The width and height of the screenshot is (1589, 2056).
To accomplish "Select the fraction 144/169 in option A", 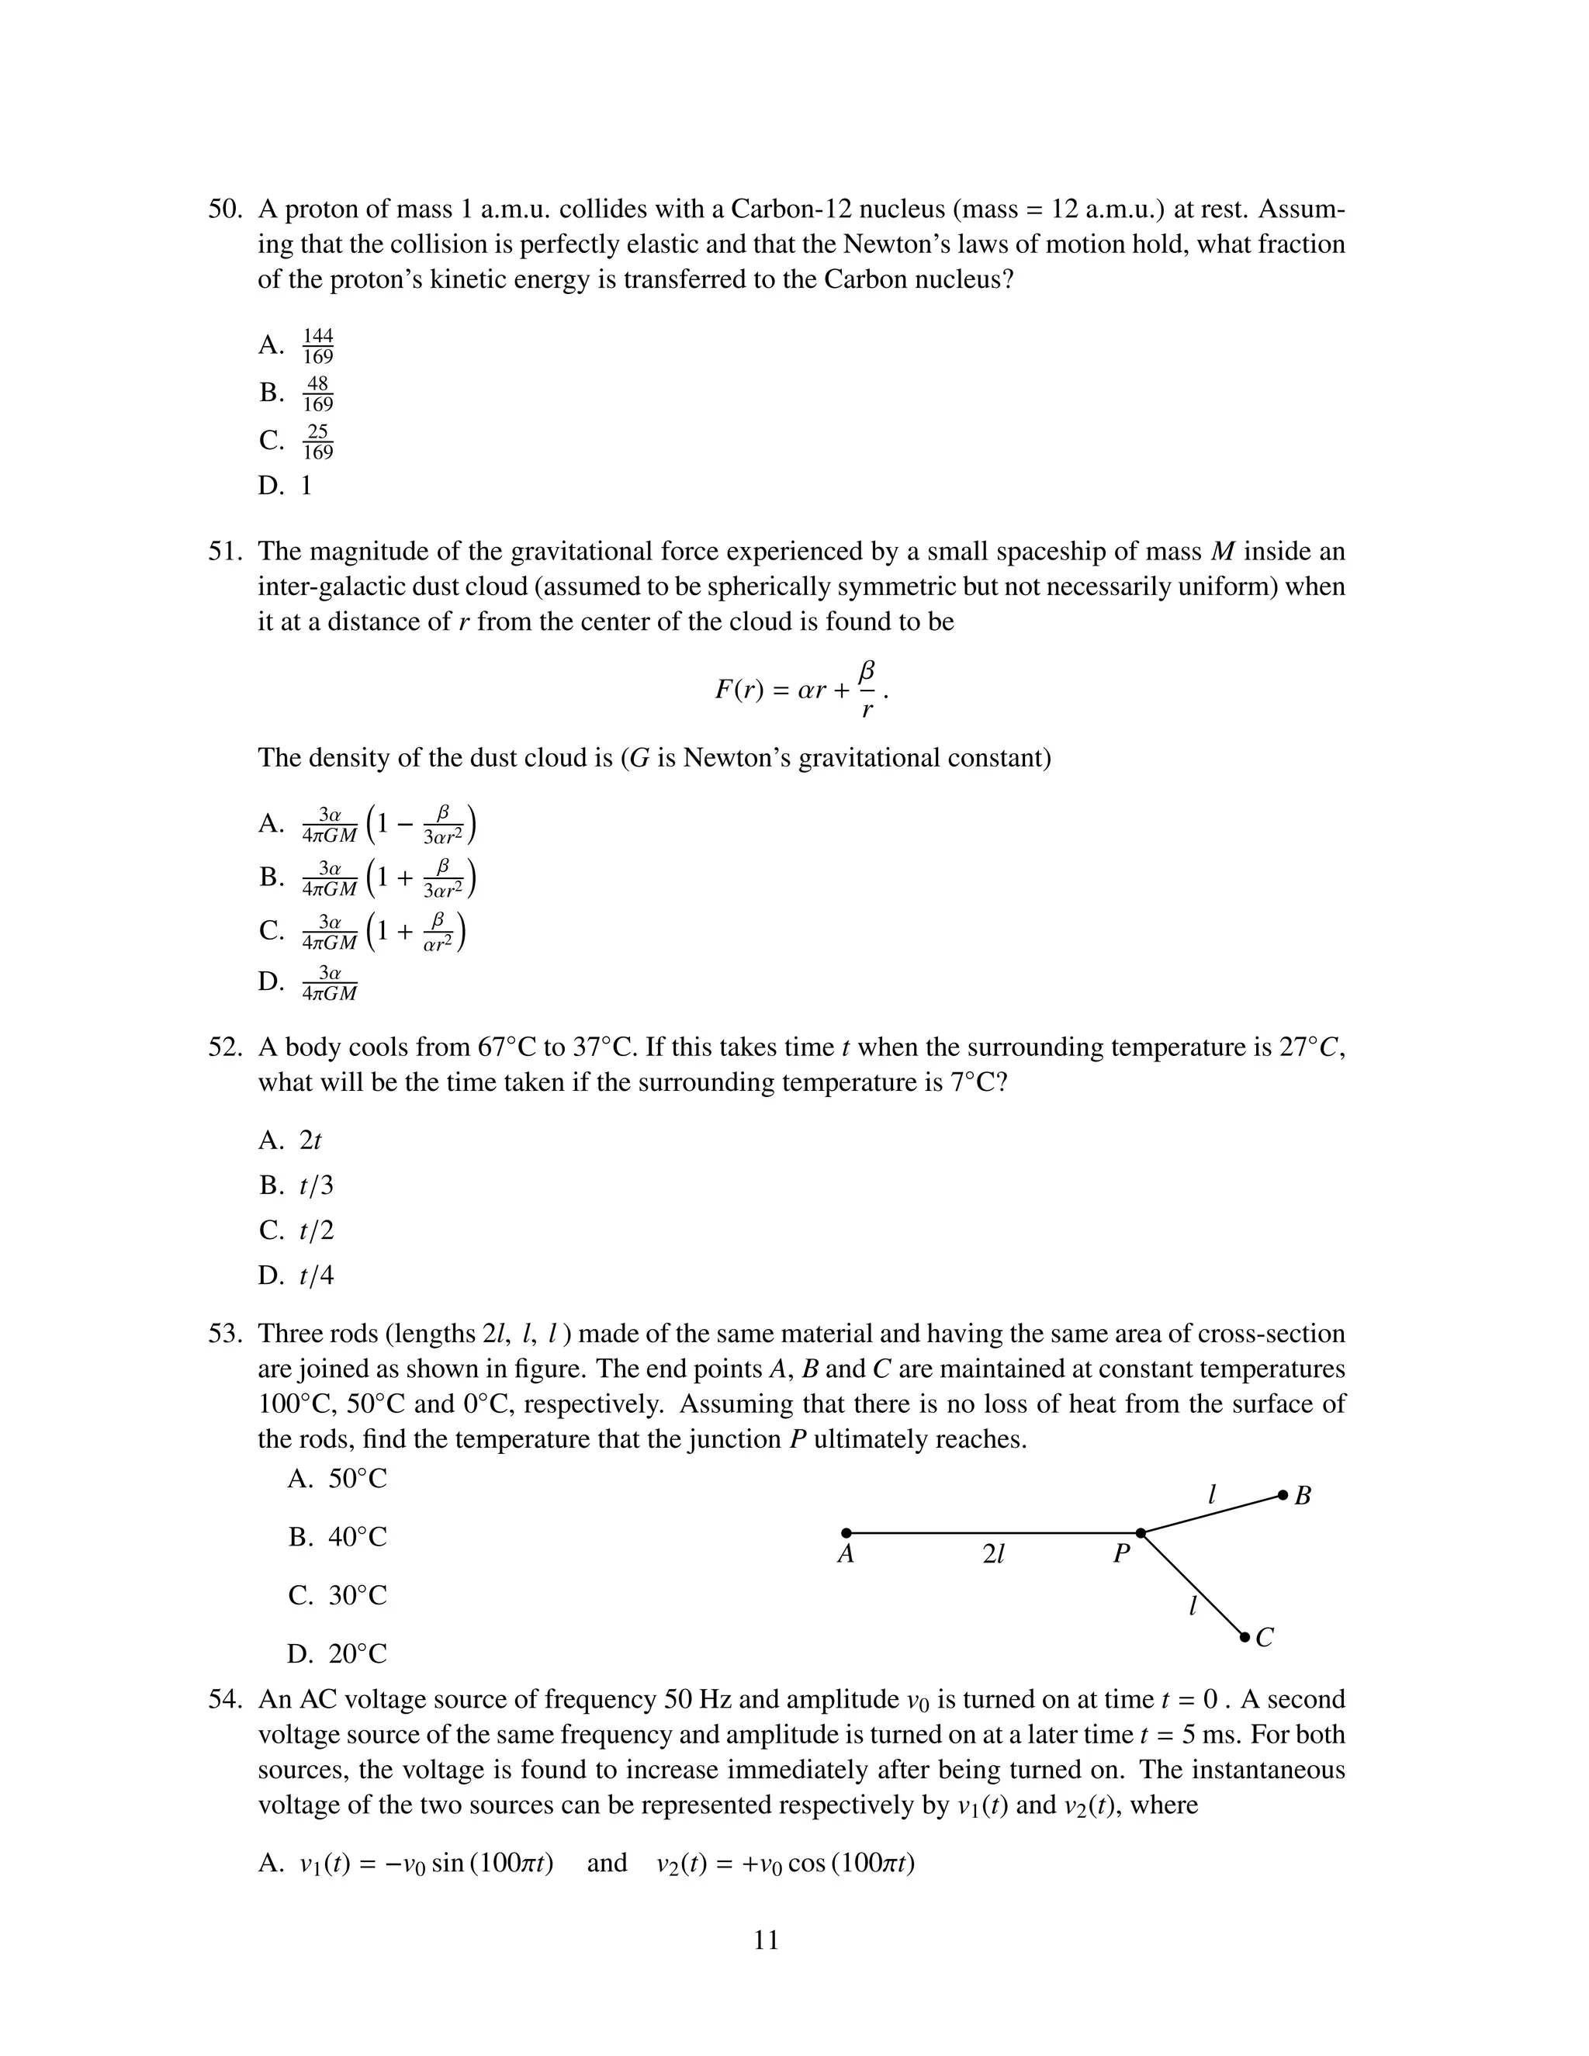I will pyautogui.click(x=318, y=345).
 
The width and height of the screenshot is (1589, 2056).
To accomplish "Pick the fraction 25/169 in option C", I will pyautogui.click(x=318, y=441).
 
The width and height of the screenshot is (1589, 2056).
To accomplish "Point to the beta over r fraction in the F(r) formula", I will pyautogui.click(x=867, y=689).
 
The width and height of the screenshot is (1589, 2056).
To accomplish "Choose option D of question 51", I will pyautogui.click(x=330, y=982).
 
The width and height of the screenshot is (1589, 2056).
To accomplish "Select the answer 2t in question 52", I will pyautogui.click(x=310, y=1140).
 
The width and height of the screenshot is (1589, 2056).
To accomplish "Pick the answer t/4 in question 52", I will pyautogui.click(x=317, y=1275).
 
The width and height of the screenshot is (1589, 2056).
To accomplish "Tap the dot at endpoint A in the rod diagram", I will pyautogui.click(x=846, y=1534).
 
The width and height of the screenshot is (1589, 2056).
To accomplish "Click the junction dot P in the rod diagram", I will pyautogui.click(x=1141, y=1534).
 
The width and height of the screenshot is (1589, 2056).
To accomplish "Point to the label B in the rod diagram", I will pyautogui.click(x=1303, y=1496).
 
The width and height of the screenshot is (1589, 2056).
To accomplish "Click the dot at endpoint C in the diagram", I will pyautogui.click(x=1245, y=1638).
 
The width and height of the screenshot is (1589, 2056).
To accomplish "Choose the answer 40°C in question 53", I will pyautogui.click(x=357, y=1537).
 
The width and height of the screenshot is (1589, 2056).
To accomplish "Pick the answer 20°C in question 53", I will pyautogui.click(x=357, y=1654).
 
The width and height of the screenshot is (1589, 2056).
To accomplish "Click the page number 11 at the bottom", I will pyautogui.click(x=767, y=1940).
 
